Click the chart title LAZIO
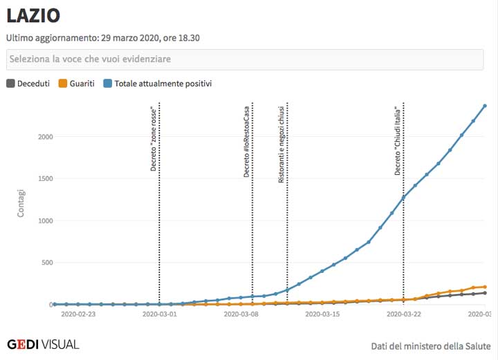33,15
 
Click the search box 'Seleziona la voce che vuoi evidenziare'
244,59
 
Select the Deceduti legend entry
28,84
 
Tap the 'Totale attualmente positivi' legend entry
158,84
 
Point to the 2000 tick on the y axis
44,137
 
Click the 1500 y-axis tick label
44,179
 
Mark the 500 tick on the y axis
46,263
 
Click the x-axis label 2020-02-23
79,314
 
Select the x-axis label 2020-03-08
241,314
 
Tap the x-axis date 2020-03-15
322,314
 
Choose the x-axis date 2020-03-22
403,314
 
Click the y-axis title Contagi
21,203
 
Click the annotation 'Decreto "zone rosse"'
154,139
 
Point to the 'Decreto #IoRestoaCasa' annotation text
246,141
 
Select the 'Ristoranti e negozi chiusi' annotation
282,144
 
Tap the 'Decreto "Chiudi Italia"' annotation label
398,141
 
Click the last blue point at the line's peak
485,106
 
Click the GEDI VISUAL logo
43,344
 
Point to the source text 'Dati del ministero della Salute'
430,345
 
